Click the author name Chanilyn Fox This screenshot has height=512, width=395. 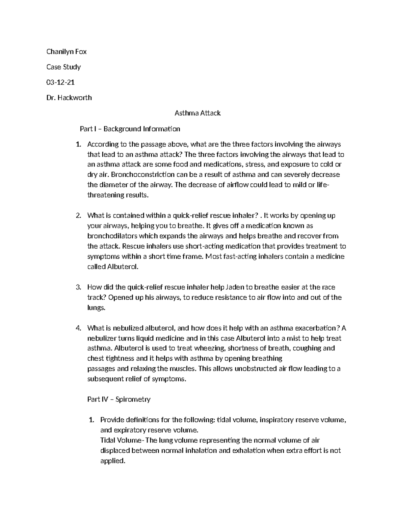pyautogui.click(x=66, y=52)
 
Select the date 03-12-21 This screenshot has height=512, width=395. pyautogui.click(x=60, y=82)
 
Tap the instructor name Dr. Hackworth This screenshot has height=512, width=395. pyautogui.click(x=69, y=98)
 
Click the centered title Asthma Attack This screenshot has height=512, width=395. pyautogui.click(x=197, y=113)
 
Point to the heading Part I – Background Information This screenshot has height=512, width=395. pyautogui.click(x=130, y=129)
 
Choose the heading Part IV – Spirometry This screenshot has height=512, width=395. pyautogui.click(x=119, y=399)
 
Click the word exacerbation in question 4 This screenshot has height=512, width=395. pyautogui.click(x=316, y=328)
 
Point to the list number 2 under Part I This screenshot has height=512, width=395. pyautogui.click(x=78, y=216)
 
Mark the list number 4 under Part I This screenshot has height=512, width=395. pyautogui.click(x=78, y=328)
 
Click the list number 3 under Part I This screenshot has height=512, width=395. pyautogui.click(x=78, y=287)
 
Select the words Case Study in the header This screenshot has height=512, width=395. pyautogui.click(x=64, y=67)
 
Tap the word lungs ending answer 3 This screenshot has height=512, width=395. pyautogui.click(x=96, y=308)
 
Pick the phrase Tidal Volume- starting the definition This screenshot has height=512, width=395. pyautogui.click(x=122, y=440)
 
